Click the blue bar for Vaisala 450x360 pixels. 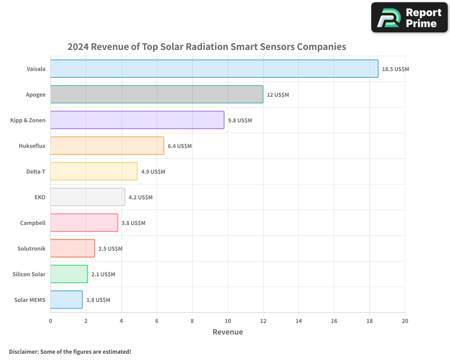tap(214, 68)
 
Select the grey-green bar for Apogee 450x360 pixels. tap(157, 94)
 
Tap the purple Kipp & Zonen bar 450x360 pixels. tap(137, 120)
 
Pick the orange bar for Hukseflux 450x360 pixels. tap(107, 145)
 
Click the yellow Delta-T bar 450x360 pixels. tap(94, 171)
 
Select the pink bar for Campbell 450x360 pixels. tap(84, 222)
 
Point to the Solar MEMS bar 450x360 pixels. tap(66, 299)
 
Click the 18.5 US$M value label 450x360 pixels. tap(395, 69)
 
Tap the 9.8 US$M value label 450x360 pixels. tap(240, 121)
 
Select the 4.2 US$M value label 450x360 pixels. tap(140, 198)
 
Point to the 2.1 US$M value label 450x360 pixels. tap(103, 274)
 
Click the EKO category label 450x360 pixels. tap(40, 197)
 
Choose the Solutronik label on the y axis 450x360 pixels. tap(31, 248)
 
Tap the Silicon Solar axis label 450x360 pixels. tap(29, 274)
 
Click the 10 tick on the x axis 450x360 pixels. tap(228, 321)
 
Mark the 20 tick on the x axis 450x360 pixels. tap(405, 321)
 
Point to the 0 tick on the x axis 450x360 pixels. tap(50, 321)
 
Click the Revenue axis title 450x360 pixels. tap(228, 332)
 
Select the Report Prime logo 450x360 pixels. tap(409, 18)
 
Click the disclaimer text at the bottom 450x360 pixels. tap(70, 351)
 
